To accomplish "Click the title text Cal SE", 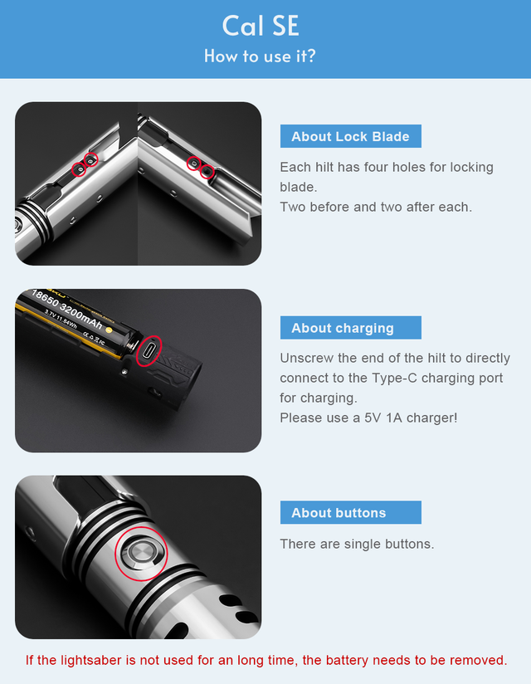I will pyautogui.click(x=260, y=26).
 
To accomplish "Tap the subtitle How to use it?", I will pyautogui.click(x=260, y=56).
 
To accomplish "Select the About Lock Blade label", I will pyautogui.click(x=350, y=137).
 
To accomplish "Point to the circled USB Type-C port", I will pyautogui.click(x=148, y=351).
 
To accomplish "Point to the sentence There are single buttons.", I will pyautogui.click(x=357, y=544).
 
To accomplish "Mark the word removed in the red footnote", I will pyautogui.click(x=478, y=660).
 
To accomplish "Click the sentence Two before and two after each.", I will pyautogui.click(x=376, y=207).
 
